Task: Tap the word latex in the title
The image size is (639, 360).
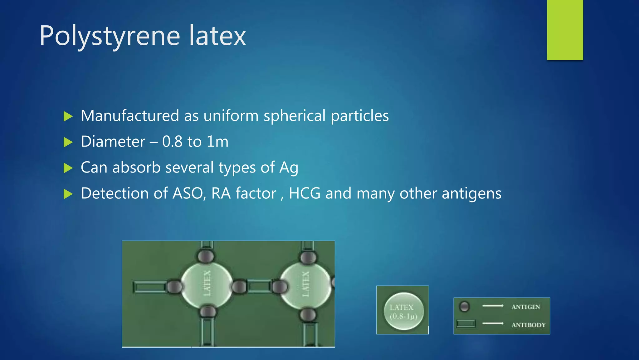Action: pos(217,36)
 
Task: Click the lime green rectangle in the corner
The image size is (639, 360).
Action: pos(565,30)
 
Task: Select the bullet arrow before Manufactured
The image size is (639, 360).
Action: pos(68,117)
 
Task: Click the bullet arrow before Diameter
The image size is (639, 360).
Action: pos(68,142)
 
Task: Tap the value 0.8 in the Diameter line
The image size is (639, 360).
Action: pos(172,142)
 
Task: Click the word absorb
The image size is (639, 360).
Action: pos(136,167)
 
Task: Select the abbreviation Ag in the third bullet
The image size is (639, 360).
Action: pos(289,168)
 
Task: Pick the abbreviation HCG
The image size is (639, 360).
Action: pos(305,193)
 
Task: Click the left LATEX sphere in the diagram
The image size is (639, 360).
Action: pos(207,284)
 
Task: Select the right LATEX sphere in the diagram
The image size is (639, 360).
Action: pos(305,284)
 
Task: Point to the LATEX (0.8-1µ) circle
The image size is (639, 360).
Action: pos(404,311)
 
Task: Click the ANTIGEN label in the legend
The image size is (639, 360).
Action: pos(525,307)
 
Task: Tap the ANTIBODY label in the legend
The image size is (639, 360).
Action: pos(528,325)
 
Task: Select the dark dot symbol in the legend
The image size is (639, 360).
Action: pos(464,307)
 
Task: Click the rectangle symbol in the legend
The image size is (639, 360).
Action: pos(466,324)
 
